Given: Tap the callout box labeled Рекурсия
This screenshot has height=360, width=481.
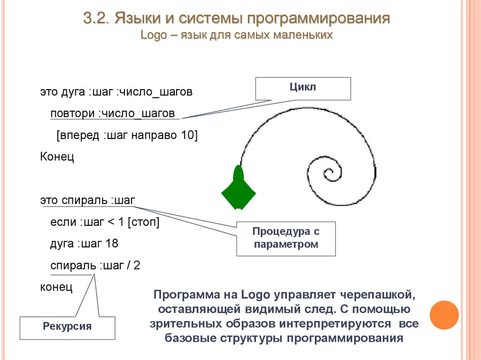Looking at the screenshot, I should coord(67,326).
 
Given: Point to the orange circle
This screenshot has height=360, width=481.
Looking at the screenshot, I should coord(444,315).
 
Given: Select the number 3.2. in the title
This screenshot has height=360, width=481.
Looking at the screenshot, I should coord(96,20).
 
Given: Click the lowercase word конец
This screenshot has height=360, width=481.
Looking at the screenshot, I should coord(56,286).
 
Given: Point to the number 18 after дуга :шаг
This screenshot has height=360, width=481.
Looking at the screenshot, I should coord(112,244).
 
